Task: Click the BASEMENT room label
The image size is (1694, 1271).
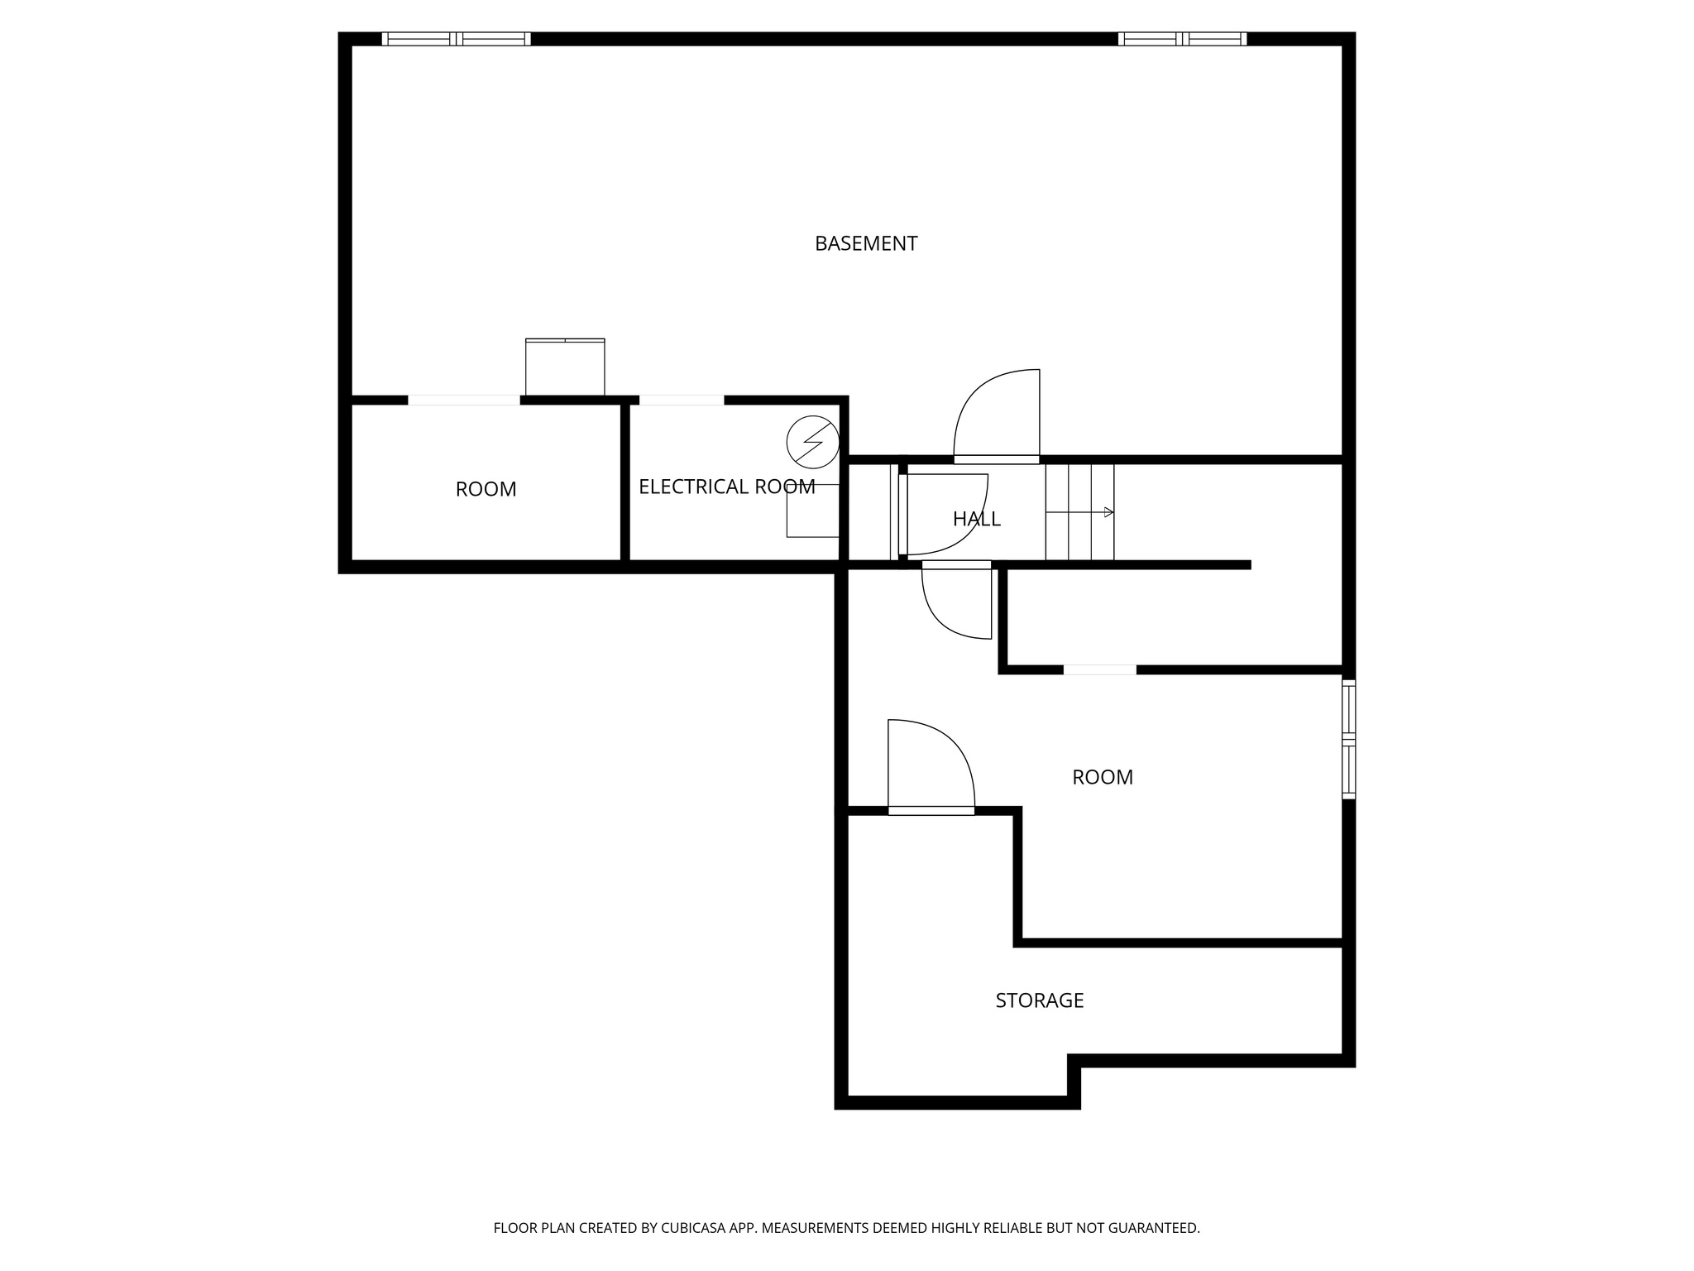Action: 866,243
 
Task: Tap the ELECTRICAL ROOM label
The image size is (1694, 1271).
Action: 726,487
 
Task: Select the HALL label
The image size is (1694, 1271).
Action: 976,519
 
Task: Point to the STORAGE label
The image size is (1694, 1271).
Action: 1039,1000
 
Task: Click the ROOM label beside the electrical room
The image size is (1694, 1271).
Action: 486,489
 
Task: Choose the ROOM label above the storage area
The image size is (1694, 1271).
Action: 1102,777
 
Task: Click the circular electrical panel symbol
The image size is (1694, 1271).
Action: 812,439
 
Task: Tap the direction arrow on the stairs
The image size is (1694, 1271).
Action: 1108,512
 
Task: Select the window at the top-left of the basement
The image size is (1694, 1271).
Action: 456,39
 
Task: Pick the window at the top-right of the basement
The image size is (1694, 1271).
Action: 1182,39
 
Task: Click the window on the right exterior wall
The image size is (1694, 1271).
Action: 1348,738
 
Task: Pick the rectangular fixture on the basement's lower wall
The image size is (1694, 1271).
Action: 565,367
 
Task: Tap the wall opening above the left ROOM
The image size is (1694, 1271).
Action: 464,400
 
